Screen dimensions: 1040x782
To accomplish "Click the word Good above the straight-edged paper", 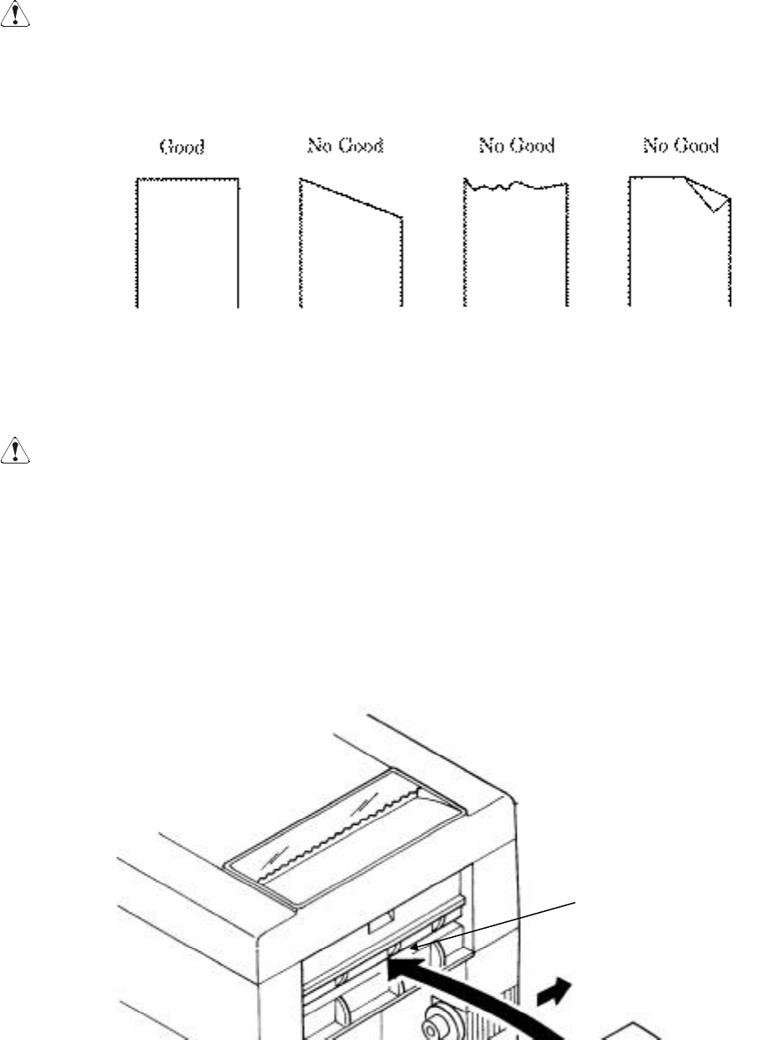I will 182,148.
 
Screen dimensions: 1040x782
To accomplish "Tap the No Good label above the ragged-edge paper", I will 516,146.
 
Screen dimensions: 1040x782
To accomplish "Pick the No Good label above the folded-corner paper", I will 681,146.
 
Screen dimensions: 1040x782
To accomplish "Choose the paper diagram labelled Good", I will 187,243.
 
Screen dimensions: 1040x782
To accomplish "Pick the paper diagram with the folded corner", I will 679,247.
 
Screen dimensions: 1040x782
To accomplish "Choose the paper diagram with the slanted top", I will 351,251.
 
